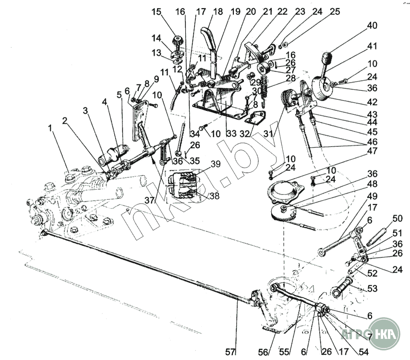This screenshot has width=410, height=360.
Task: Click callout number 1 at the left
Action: coord(49,128)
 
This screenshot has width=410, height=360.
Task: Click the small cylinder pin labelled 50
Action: coord(378,237)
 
